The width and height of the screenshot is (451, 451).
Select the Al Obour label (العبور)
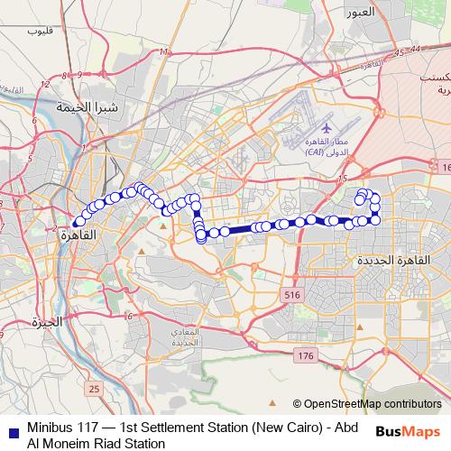click(x=358, y=14)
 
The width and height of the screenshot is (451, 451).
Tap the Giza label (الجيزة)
click(x=45, y=322)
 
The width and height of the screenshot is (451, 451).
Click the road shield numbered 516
click(x=290, y=295)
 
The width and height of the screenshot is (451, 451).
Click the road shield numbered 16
click(x=446, y=168)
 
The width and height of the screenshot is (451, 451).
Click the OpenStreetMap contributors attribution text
click(x=372, y=404)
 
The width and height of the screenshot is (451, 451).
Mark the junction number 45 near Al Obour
click(x=399, y=56)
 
